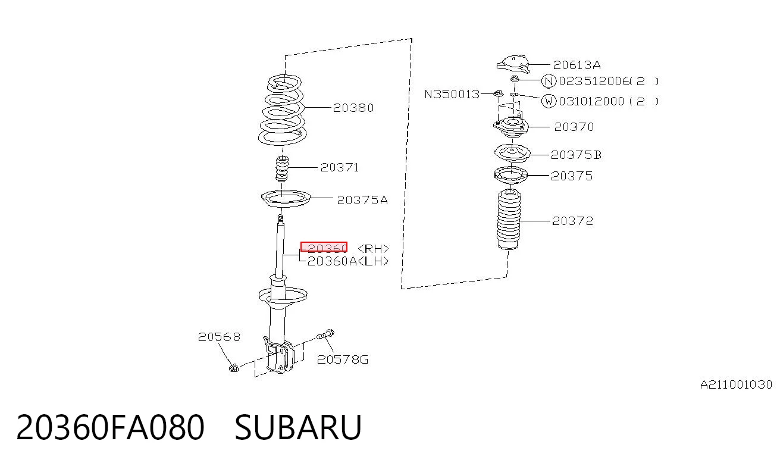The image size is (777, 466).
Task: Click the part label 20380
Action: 353,108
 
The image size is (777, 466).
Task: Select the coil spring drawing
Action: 283,110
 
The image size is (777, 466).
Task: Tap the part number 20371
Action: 340,168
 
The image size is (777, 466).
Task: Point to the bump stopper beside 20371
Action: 282,168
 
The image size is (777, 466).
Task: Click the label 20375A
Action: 362,200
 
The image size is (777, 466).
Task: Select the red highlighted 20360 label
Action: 324,248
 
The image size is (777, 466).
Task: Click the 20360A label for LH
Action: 332,261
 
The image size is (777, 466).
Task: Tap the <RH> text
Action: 373,249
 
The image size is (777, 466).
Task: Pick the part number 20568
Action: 219,337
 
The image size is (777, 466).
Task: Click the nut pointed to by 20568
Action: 234,367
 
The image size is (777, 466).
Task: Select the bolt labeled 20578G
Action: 325,334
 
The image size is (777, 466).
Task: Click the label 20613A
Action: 577,65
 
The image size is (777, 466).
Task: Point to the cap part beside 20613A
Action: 513,64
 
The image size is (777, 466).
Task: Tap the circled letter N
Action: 549,82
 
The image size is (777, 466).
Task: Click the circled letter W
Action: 549,101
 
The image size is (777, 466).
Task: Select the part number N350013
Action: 452,95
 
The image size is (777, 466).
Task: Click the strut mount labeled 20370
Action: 510,127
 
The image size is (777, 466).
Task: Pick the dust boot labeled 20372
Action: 509,220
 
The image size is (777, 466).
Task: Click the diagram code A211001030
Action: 736,384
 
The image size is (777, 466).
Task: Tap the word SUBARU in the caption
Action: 298,427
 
